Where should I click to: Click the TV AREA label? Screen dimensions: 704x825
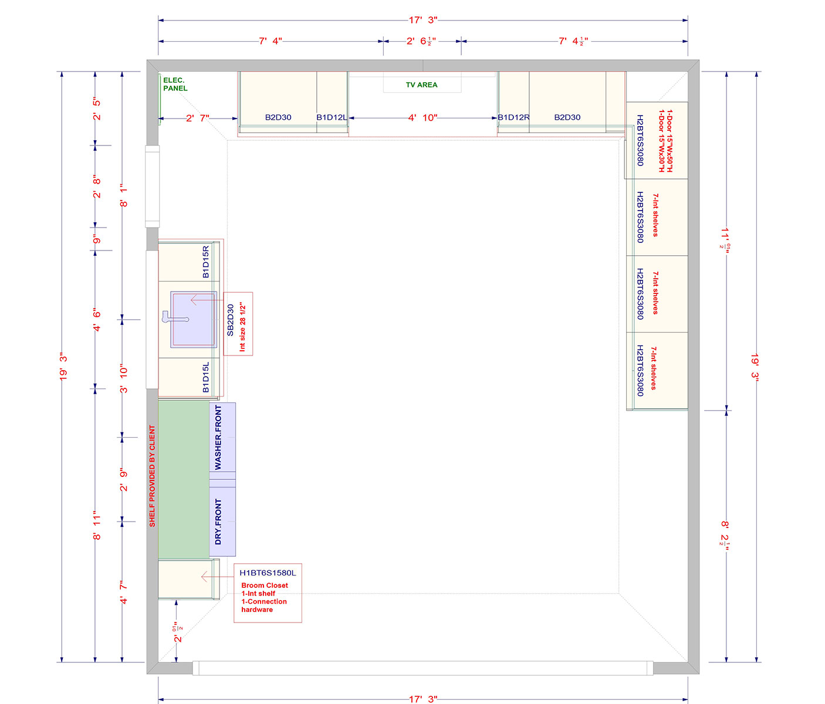pyautogui.click(x=421, y=85)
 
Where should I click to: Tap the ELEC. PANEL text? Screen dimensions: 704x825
pyautogui.click(x=175, y=84)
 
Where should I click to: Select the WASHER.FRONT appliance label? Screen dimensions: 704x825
pyautogui.click(x=218, y=438)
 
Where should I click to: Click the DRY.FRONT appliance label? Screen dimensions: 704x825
pyautogui.click(x=218, y=522)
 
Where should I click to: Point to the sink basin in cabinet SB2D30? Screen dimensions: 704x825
pyautogui.click(x=194, y=320)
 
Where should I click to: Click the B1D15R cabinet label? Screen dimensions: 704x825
pyautogui.click(x=206, y=262)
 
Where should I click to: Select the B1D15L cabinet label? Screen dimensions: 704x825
pyautogui.click(x=206, y=377)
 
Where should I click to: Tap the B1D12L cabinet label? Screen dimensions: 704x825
pyautogui.click(x=332, y=117)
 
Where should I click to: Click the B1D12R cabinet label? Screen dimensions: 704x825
pyautogui.click(x=513, y=117)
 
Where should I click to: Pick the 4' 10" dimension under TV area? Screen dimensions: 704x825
pyautogui.click(x=422, y=118)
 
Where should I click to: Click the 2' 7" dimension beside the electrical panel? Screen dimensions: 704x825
pyautogui.click(x=197, y=119)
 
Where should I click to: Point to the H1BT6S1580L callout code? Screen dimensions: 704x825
pyautogui.click(x=268, y=573)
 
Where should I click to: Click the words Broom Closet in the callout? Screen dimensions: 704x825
pyautogui.click(x=265, y=585)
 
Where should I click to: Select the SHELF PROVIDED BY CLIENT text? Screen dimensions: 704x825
pyautogui.click(x=153, y=476)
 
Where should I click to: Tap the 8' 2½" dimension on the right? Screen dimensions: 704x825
pyautogui.click(x=726, y=533)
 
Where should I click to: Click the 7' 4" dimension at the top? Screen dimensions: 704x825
pyautogui.click(x=271, y=41)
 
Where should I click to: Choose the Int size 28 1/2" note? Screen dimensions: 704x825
pyautogui.click(x=242, y=327)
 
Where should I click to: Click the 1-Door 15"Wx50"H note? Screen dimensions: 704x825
pyautogui.click(x=670, y=141)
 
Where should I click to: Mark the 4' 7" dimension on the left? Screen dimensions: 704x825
pyautogui.click(x=123, y=593)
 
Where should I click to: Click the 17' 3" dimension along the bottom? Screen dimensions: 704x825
pyautogui.click(x=422, y=699)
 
